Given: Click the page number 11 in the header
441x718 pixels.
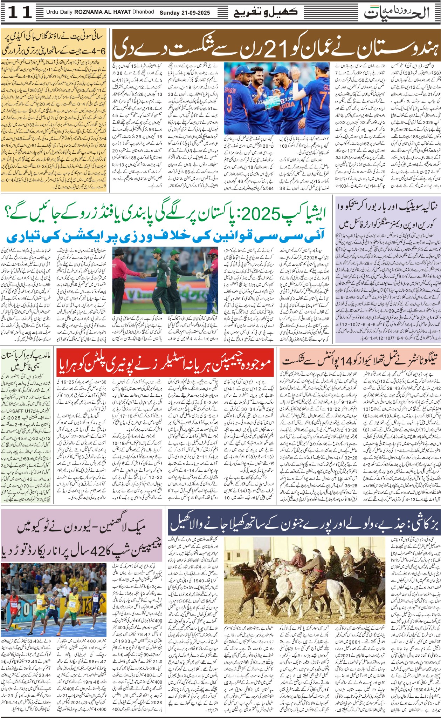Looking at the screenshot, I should point(20,13).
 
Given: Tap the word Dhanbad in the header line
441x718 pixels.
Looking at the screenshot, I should point(143,12).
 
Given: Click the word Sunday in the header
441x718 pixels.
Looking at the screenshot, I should point(170,13).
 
